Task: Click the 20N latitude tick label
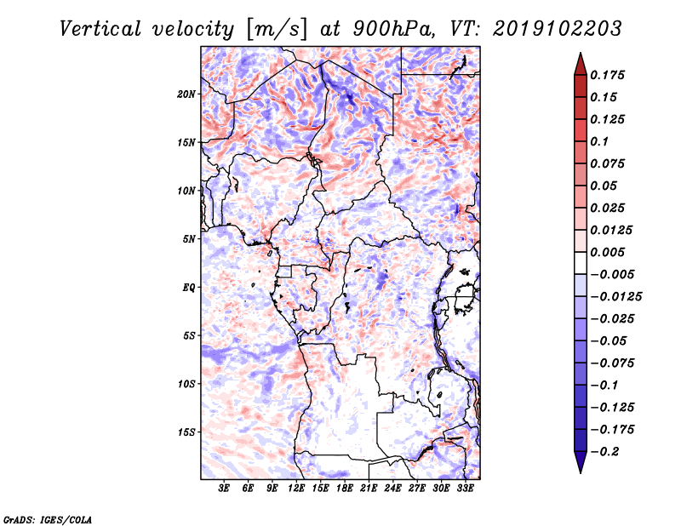(186, 94)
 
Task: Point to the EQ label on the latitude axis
(188, 288)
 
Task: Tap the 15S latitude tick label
(186, 432)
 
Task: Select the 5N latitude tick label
(189, 239)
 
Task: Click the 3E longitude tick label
(224, 488)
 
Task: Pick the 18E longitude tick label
(345, 488)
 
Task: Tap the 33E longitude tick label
(465, 488)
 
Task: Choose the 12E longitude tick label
(296, 488)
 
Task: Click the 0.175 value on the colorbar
(607, 75)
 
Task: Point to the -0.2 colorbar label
(604, 452)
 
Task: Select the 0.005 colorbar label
(607, 252)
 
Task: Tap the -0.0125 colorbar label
(615, 297)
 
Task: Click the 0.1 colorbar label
(599, 141)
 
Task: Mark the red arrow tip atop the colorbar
(581, 54)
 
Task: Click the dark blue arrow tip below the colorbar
(581, 472)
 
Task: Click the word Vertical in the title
(100, 29)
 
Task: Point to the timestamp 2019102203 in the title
(558, 29)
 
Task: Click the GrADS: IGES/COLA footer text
(48, 519)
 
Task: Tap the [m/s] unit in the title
(277, 29)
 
